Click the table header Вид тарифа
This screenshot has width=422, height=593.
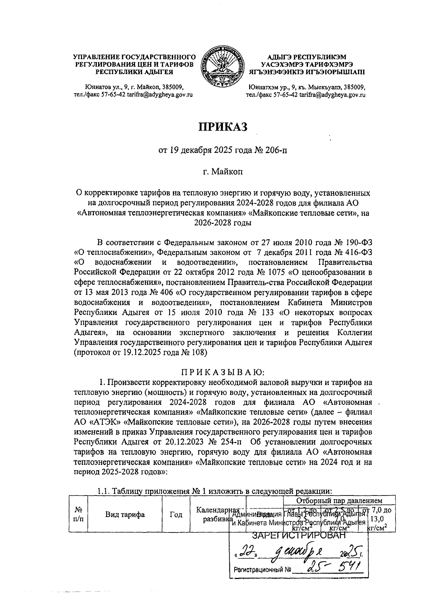point(125,515)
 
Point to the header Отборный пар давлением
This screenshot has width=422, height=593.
point(339,500)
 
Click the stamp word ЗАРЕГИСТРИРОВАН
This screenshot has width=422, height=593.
point(299,536)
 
